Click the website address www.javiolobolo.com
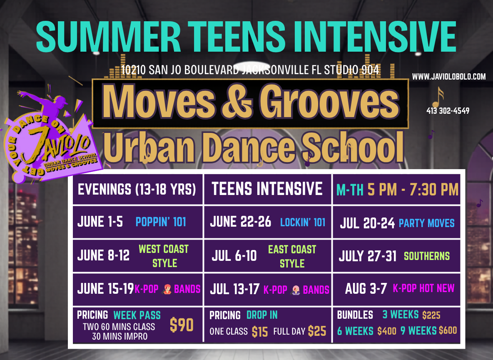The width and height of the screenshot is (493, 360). point(449,77)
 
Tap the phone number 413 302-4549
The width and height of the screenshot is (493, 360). point(448,111)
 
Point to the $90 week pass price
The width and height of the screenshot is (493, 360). point(182,325)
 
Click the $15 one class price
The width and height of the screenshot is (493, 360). point(260,332)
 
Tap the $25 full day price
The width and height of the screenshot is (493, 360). point(317,331)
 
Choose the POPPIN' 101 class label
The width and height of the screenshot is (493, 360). point(161,222)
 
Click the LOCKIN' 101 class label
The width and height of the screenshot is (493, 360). point(302,222)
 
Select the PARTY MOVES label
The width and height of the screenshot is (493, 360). point(427,223)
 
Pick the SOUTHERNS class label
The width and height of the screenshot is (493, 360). point(427,256)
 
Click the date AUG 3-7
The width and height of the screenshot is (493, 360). point(366,288)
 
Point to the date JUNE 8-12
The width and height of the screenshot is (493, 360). point(103,255)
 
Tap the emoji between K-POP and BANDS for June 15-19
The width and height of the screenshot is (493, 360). point(167,289)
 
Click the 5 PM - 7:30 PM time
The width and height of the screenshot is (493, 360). point(413,190)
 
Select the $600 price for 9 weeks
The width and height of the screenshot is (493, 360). point(448,330)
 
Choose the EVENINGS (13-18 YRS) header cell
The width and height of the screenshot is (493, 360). point(137,190)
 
